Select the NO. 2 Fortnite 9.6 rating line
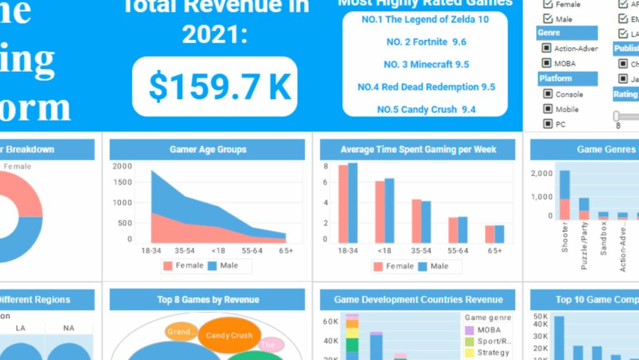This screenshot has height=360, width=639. pos(426,42)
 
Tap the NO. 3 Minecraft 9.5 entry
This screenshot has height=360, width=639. pos(426,64)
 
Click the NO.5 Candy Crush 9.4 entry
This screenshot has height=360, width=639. pos(426,109)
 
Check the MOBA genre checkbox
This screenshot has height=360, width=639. pos(547,63)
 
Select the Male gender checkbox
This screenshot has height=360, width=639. pos(548,19)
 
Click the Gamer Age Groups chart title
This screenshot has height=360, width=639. pos(208,150)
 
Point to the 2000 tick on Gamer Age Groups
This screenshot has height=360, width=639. pos(122,166)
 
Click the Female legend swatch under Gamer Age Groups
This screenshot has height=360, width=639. pos(168,266)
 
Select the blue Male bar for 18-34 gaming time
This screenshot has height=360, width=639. pos(353,203)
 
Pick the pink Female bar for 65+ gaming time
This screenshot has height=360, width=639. pos(490,234)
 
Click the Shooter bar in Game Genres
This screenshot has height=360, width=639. pos(564,195)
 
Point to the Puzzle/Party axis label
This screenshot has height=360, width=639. pos(585,247)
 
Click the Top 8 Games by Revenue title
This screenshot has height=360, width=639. pos(208,299)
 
